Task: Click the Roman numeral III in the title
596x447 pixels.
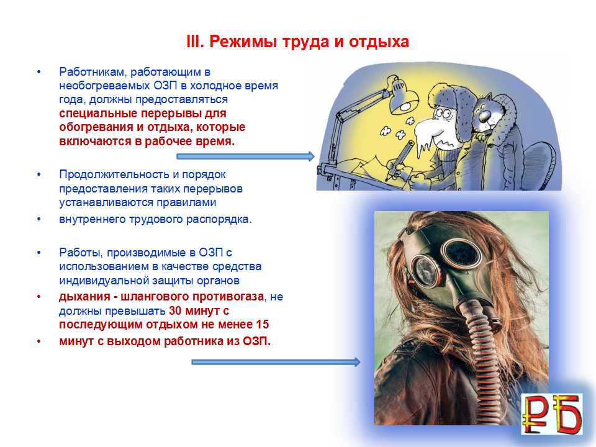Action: [x=194, y=42]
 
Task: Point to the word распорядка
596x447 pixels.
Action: [x=219, y=220]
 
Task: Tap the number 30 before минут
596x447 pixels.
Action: [x=175, y=310]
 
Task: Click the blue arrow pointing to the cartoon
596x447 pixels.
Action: [x=246, y=156]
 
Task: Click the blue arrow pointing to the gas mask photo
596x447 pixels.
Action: [x=276, y=362]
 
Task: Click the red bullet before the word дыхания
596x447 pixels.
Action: [x=38, y=297]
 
